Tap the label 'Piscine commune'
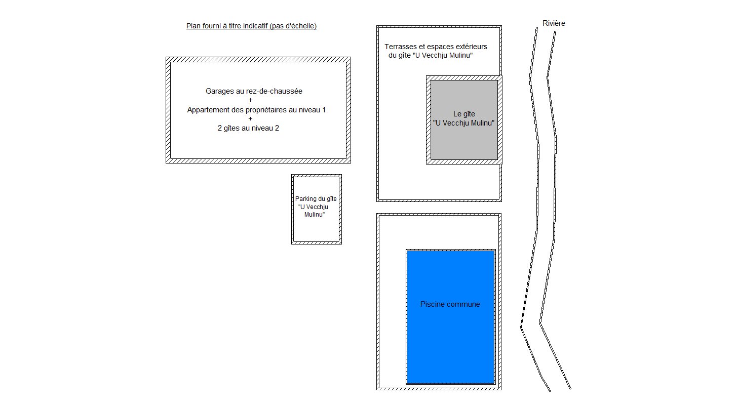click(450, 304)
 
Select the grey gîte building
click(464, 142)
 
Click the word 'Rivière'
click(554, 23)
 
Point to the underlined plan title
click(251, 26)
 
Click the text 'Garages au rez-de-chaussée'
click(254, 92)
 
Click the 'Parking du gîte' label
click(316, 199)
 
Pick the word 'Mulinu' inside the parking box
click(315, 215)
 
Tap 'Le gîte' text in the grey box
click(464, 114)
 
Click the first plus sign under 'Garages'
click(251, 101)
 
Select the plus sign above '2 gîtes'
click(251, 119)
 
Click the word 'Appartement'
click(208, 110)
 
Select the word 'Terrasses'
click(400, 47)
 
